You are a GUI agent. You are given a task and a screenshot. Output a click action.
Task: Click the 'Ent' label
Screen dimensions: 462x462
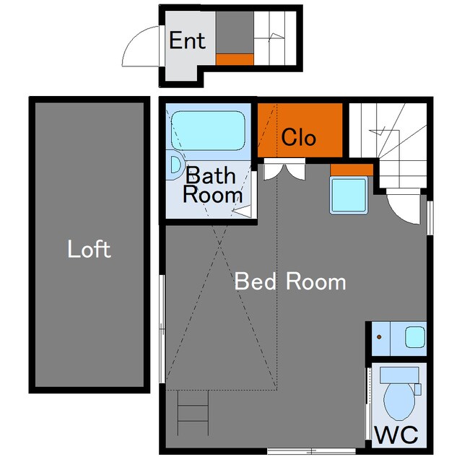point(187,40)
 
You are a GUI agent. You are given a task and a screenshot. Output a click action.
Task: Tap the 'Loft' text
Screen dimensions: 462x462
point(89,249)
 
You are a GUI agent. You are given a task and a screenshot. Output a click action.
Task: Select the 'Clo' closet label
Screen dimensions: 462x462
point(298,137)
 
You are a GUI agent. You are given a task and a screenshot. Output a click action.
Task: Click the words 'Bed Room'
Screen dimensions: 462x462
point(290,282)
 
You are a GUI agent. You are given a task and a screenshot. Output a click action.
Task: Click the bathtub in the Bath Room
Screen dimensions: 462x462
point(208,131)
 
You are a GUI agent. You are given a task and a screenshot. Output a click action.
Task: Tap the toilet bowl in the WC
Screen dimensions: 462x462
point(399,401)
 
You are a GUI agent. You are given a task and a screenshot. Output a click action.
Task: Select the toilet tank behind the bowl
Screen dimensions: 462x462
point(399,375)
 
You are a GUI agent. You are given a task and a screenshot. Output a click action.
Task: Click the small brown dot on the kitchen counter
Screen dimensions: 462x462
point(379,337)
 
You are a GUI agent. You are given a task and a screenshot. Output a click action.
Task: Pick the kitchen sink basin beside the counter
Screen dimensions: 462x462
point(415,337)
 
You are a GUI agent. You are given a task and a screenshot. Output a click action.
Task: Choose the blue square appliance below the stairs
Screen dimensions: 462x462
point(349,195)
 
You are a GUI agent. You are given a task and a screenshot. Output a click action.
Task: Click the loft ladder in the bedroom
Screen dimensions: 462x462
point(193,412)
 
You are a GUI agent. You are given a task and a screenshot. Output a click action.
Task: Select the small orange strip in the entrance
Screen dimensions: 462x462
point(235,59)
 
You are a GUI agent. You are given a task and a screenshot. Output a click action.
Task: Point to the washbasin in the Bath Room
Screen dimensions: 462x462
point(176,165)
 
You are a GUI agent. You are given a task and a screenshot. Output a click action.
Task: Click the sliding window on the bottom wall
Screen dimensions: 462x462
point(311,450)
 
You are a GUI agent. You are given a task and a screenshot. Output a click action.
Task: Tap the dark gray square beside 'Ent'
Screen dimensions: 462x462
point(235,32)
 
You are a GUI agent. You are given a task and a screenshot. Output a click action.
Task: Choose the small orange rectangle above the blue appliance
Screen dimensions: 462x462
point(352,170)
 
